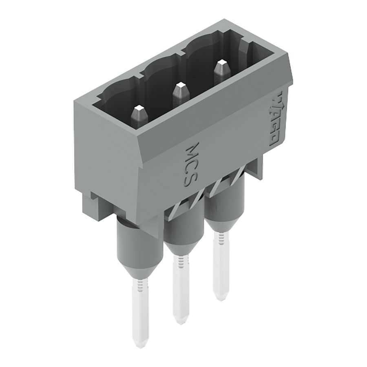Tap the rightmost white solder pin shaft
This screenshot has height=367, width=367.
click(220, 265)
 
